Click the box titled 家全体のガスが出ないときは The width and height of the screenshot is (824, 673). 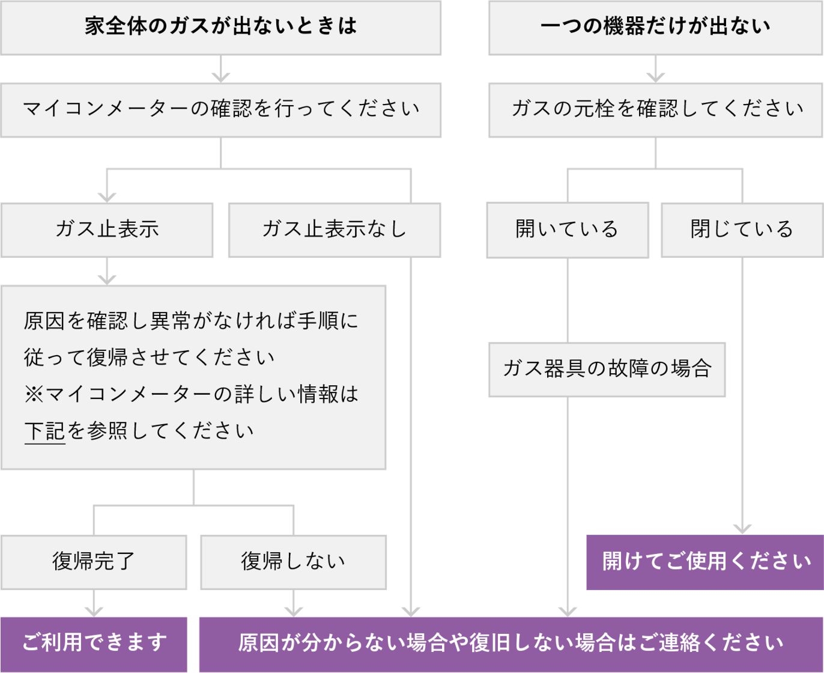click(221, 27)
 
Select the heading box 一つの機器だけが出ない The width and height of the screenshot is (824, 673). click(655, 27)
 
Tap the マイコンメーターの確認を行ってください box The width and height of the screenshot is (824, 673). click(221, 109)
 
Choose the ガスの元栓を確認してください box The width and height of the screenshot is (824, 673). click(655, 109)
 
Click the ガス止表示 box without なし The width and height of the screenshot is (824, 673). click(107, 230)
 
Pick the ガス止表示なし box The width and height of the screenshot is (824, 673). click(335, 230)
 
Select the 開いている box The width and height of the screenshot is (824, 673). click(567, 230)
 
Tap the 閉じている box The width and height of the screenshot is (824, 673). click(742, 230)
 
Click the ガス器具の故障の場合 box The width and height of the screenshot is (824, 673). click(607, 369)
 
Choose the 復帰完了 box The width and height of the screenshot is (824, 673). click(94, 562)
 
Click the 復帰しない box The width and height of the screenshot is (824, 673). click(293, 562)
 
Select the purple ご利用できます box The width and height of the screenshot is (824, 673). click(94, 644)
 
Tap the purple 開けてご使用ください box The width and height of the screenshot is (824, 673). click(705, 562)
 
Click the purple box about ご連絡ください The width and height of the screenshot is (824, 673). click(510, 644)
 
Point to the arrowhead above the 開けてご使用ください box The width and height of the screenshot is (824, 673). click(742, 529)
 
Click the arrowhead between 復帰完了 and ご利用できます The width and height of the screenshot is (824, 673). click(94, 611)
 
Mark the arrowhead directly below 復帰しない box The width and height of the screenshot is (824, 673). click(293, 611)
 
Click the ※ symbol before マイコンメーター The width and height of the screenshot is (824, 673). click(34, 395)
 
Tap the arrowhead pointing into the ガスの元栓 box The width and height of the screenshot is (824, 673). click(655, 76)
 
